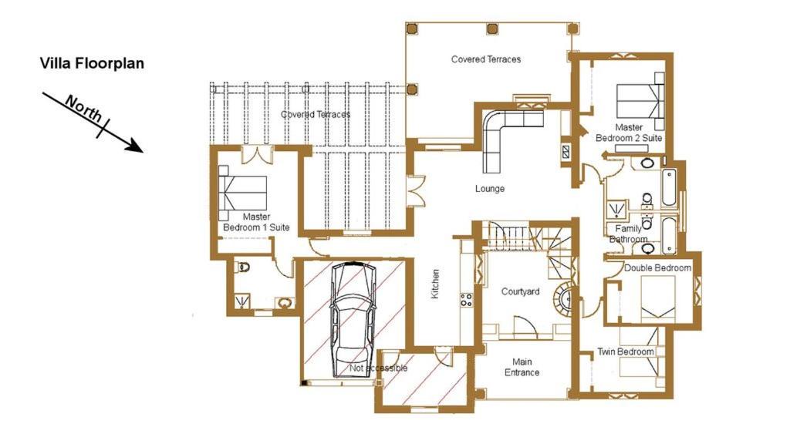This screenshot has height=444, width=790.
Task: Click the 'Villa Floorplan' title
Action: (92, 63)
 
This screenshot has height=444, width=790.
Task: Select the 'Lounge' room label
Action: (490, 189)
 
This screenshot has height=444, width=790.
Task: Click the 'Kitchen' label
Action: (435, 284)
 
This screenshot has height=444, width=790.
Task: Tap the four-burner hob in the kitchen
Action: (466, 300)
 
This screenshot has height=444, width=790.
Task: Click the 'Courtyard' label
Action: (521, 291)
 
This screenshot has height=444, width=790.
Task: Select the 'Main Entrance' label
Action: (522, 367)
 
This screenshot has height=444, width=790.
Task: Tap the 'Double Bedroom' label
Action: (657, 268)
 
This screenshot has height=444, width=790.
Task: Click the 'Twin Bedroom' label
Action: (626, 351)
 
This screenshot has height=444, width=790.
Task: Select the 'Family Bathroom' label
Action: (628, 234)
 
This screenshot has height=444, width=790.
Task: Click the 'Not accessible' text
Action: (378, 368)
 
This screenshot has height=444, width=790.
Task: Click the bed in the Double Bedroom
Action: (658, 299)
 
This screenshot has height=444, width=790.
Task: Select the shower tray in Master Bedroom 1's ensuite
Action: (243, 301)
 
